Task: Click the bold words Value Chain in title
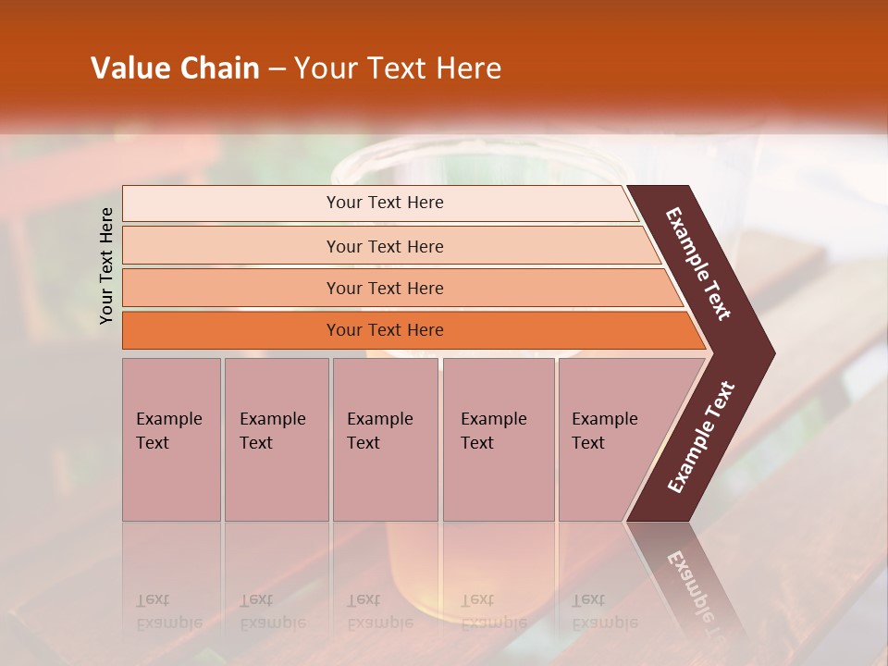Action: (x=175, y=68)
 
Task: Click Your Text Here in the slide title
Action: (x=398, y=68)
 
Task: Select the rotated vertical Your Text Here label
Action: (x=106, y=265)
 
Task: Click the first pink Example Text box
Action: (x=171, y=439)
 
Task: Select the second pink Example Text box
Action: (x=276, y=439)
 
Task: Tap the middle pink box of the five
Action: (x=385, y=439)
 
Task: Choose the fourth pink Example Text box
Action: (x=498, y=439)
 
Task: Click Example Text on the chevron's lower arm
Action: (x=700, y=438)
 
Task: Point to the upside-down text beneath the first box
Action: (x=169, y=611)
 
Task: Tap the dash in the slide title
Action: (x=277, y=68)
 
